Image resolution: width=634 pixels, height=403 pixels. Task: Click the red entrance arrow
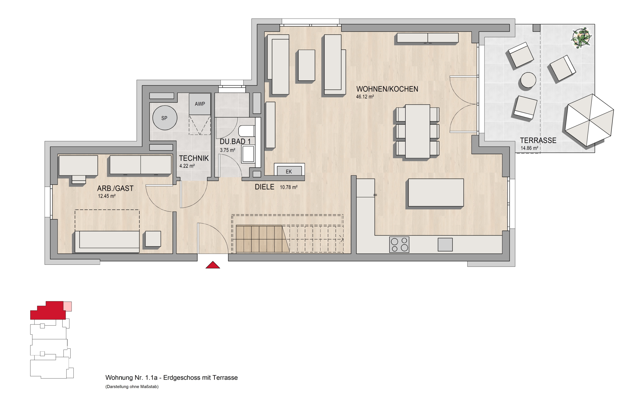pyautogui.click(x=213, y=265)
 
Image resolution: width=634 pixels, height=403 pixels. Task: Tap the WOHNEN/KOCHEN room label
pyautogui.click(x=387, y=89)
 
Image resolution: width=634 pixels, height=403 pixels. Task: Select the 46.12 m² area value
pyautogui.click(x=365, y=97)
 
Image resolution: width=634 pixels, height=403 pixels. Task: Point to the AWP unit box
pyautogui.click(x=200, y=104)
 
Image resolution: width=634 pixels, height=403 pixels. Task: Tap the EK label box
pyautogui.click(x=289, y=171)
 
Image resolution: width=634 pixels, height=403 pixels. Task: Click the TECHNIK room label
pyautogui.click(x=194, y=158)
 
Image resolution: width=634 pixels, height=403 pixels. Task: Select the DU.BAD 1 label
pyautogui.click(x=235, y=142)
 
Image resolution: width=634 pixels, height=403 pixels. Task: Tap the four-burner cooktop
pyautogui.click(x=399, y=245)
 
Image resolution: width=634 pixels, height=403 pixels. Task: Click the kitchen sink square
pyautogui.click(x=445, y=245)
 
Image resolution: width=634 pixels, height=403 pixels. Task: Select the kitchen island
pyautogui.click(x=436, y=193)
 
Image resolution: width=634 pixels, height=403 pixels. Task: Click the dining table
pyautogui.click(x=418, y=131)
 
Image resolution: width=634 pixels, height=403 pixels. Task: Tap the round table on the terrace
pyautogui.click(x=528, y=80)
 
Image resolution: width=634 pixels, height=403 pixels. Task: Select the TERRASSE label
pyautogui.click(x=538, y=141)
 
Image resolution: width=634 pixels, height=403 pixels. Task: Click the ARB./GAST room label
pyautogui.click(x=115, y=188)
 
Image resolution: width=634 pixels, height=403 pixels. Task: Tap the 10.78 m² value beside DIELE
pyautogui.click(x=289, y=187)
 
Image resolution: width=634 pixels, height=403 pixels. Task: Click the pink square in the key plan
pyautogui.click(x=68, y=307)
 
